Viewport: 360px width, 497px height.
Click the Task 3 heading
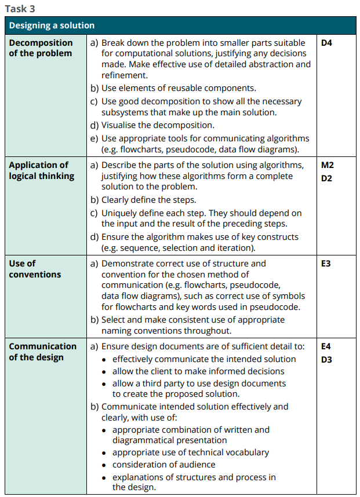click(20, 8)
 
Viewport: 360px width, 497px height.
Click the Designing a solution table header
click(52, 25)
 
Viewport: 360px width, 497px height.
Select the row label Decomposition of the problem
click(41, 48)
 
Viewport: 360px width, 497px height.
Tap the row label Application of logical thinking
click(41, 170)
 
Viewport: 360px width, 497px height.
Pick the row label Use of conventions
click(35, 269)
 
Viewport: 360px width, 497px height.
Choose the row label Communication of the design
click(42, 352)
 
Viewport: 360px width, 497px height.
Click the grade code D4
click(326, 43)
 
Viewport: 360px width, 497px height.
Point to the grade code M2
click(327, 165)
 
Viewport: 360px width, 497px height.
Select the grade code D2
click(326, 178)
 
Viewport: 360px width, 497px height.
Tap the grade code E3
click(326, 264)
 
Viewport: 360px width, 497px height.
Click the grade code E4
click(326, 346)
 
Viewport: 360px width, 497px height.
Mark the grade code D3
click(326, 359)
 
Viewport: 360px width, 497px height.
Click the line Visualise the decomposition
click(157, 125)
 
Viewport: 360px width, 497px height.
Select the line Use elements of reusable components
click(178, 88)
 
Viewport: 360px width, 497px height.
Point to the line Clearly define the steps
click(148, 200)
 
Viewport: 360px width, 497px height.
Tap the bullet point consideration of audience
click(163, 465)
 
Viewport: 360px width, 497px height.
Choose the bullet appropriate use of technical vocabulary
click(190, 452)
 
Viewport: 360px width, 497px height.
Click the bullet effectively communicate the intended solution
click(203, 359)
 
